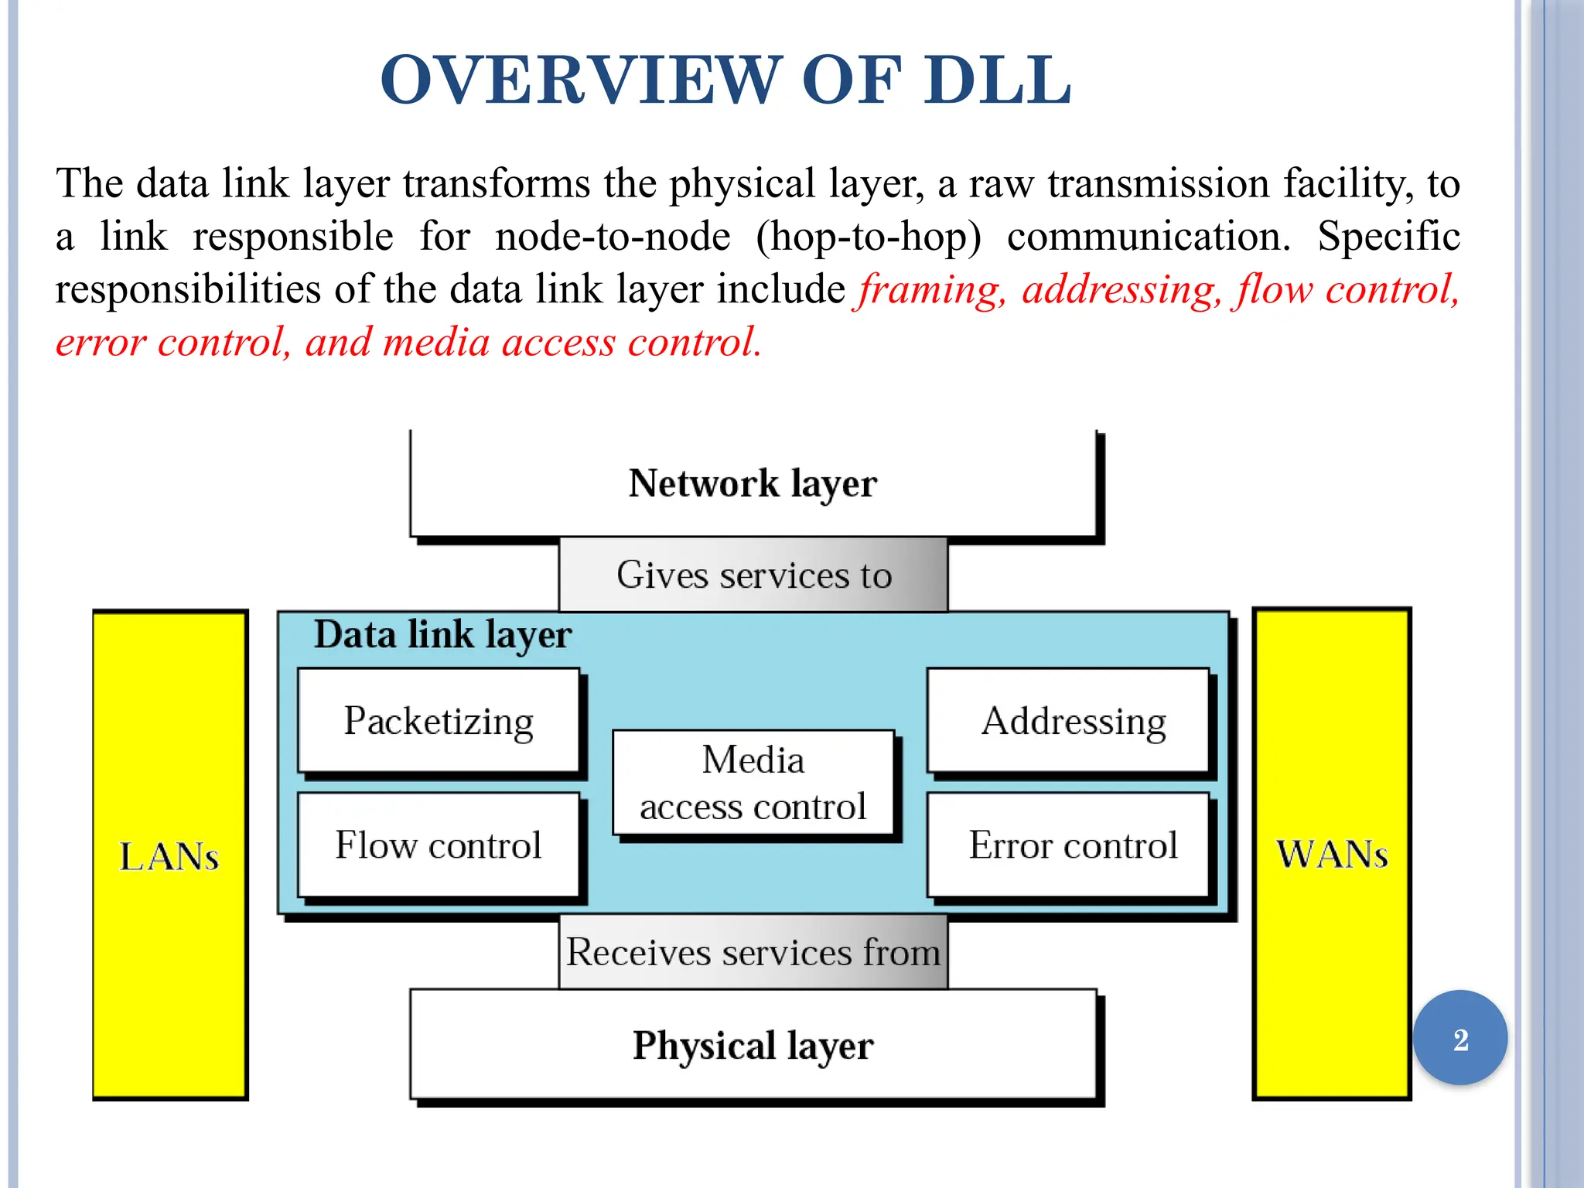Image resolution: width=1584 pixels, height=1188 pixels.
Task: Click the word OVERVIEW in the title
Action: tap(576, 80)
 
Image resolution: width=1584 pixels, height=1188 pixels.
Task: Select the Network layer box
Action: tap(753, 483)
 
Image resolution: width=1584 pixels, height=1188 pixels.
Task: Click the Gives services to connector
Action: tap(753, 575)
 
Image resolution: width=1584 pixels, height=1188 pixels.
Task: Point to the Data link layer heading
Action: tap(442, 635)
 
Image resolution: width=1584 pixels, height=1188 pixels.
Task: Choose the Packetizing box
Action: tap(439, 721)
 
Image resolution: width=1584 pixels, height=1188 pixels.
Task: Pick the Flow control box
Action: tap(439, 845)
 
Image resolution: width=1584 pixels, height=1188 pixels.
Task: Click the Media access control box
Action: tap(753, 783)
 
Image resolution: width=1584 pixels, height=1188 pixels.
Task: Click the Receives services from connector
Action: tap(753, 952)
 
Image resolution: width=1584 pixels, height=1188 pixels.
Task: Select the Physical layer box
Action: tap(753, 1045)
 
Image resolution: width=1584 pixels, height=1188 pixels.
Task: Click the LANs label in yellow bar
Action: tap(169, 856)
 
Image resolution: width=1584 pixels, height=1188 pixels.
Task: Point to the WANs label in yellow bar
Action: tap(1332, 855)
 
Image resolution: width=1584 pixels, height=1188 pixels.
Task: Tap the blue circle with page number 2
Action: tap(1460, 1039)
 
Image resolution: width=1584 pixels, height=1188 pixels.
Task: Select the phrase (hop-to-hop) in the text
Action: tap(868, 237)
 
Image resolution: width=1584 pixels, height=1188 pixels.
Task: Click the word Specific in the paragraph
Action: tap(1388, 237)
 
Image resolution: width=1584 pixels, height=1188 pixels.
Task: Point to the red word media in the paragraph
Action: tap(436, 343)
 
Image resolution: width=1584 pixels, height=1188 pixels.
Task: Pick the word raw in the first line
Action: tap(1001, 184)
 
